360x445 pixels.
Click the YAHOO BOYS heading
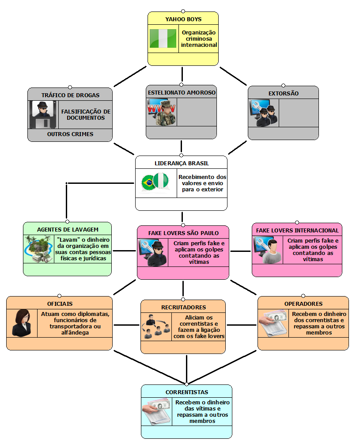(183, 19)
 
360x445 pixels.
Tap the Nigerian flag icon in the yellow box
(163, 39)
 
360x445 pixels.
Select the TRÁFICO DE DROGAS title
(70, 95)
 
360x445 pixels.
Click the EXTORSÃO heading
(283, 93)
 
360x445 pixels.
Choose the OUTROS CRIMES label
(70, 134)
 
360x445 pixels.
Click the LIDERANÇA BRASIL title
(181, 163)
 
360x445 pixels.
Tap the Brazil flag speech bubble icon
(149, 183)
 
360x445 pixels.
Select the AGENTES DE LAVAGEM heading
(68, 229)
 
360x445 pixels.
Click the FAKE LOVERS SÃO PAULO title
(183, 233)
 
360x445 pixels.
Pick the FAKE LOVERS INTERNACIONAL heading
(297, 230)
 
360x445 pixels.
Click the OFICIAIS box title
(60, 304)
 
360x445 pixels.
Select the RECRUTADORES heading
(183, 307)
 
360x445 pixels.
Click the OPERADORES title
(303, 304)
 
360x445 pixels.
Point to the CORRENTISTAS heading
(186, 392)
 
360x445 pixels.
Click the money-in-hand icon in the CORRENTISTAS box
(157, 411)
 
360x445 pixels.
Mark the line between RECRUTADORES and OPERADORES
(242, 326)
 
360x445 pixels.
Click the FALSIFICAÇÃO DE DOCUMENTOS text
(86, 114)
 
